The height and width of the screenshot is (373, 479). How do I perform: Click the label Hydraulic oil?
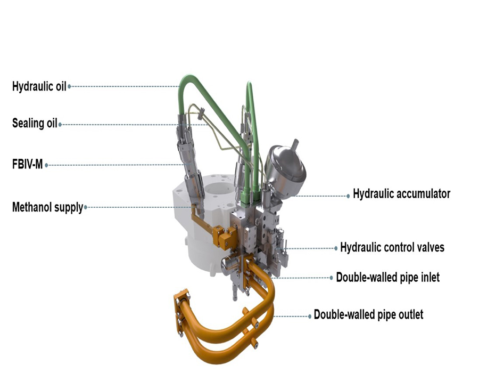39,86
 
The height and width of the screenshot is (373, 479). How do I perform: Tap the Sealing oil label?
35,123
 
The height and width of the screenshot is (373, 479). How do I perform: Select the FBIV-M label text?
27,165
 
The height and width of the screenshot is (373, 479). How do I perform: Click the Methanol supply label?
48,207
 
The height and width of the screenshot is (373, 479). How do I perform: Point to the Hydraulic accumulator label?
401,194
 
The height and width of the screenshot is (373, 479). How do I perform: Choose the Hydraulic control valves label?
392,247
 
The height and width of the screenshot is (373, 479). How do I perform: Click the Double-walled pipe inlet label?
387,277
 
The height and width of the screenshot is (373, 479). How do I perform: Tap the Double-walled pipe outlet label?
368,314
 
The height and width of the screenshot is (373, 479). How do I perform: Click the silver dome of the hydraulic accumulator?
285,171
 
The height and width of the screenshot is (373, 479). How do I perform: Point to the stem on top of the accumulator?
295,144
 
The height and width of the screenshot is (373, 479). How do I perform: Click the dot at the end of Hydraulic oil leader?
69,86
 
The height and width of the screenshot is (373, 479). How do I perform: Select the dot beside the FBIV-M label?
46,165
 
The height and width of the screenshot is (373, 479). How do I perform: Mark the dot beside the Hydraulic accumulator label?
348,196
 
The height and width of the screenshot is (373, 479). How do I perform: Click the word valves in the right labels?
430,247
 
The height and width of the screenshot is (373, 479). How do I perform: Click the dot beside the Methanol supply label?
86,207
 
